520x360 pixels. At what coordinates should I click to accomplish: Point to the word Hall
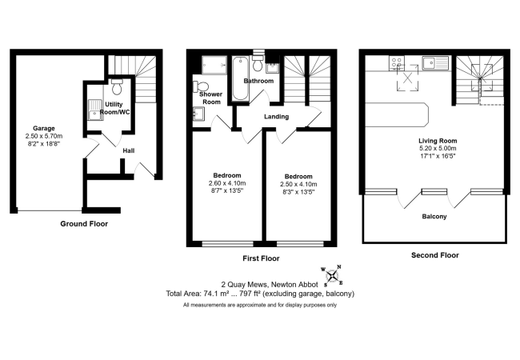(x=128, y=150)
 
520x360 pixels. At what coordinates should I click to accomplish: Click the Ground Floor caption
(x=84, y=224)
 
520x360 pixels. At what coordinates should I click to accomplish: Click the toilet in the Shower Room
(x=201, y=86)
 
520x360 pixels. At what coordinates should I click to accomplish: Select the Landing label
(x=276, y=118)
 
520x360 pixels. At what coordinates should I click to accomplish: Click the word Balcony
(x=434, y=217)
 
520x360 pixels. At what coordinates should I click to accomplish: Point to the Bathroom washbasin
(x=270, y=65)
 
